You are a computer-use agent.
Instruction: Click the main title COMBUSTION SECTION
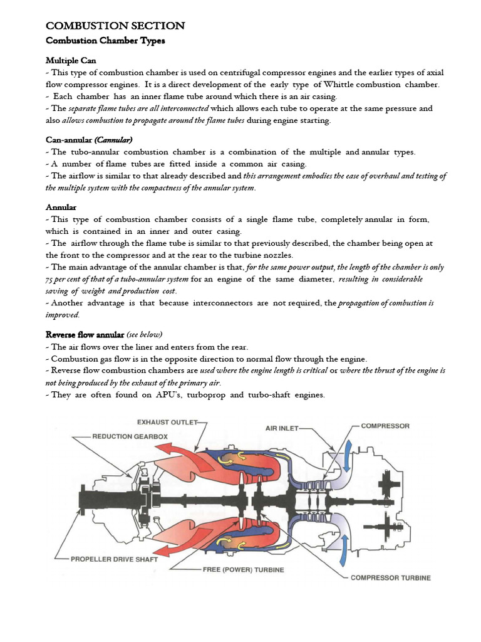(115, 26)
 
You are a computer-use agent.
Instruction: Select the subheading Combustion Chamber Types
(105, 41)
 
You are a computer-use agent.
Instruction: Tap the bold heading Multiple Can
(71, 61)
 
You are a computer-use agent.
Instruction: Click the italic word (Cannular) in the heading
(113, 139)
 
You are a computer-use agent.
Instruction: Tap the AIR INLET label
(279, 429)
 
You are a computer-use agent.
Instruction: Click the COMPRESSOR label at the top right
(385, 426)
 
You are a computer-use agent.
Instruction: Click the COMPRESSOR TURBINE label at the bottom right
(390, 578)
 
